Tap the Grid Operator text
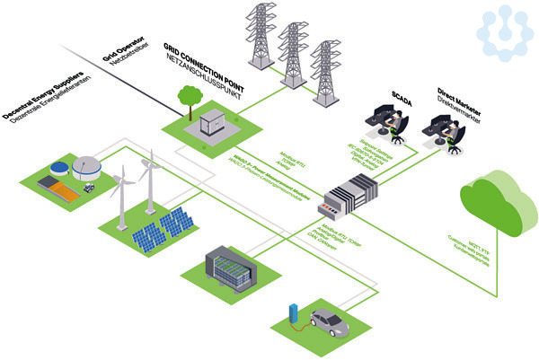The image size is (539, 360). pyautogui.click(x=118, y=61)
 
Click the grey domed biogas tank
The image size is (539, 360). pyautogui.click(x=87, y=167)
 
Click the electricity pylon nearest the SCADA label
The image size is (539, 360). pyautogui.click(x=327, y=72)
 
